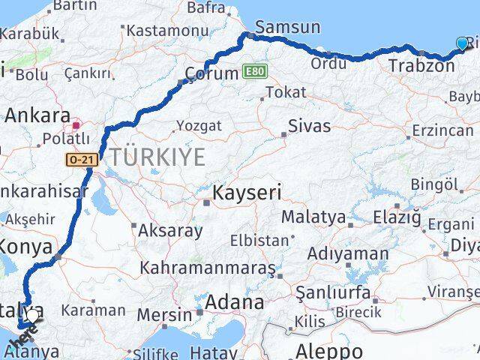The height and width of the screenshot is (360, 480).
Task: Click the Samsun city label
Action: pyautogui.click(x=290, y=28)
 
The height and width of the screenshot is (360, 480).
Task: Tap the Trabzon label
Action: pyautogui.click(x=421, y=66)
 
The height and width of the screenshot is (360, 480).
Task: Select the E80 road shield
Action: pyautogui.click(x=254, y=72)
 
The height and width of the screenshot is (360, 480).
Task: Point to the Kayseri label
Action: pyautogui.click(x=247, y=193)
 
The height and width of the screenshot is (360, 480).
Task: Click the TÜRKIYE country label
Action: pyautogui.click(x=157, y=157)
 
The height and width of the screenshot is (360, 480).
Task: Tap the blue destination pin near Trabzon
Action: pyautogui.click(x=461, y=44)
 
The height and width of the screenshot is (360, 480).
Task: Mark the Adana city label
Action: pyautogui.click(x=237, y=303)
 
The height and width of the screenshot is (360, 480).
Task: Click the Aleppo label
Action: pyautogui.click(x=329, y=349)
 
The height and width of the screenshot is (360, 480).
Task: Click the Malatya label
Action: pyautogui.click(x=313, y=217)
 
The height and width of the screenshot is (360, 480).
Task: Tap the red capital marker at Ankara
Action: pyautogui.click(x=77, y=118)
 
